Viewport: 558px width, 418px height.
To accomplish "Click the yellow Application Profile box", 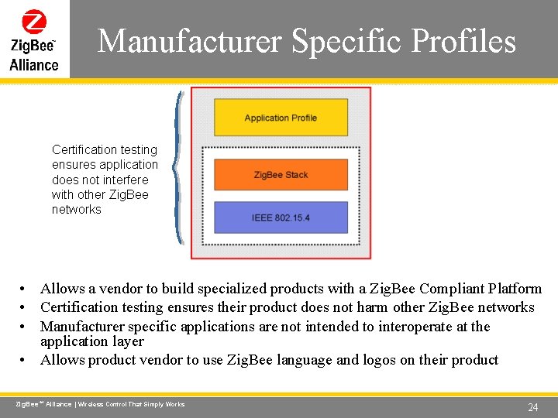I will pos(281,118).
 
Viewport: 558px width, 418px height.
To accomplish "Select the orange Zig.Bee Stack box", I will pos(281,175).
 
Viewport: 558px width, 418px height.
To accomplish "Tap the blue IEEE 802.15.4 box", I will pos(281,218).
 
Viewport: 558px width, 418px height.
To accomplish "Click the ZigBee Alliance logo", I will pos(34,39).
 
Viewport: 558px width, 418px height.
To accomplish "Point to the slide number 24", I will pos(532,407).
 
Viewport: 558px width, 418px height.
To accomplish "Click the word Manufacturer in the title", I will pos(190,41).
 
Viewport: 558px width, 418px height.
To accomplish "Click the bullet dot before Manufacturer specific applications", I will pos(26,327).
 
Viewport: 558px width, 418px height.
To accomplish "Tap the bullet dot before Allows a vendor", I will pos(26,290).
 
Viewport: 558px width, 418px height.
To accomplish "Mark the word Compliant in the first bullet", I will pos(451,289).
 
